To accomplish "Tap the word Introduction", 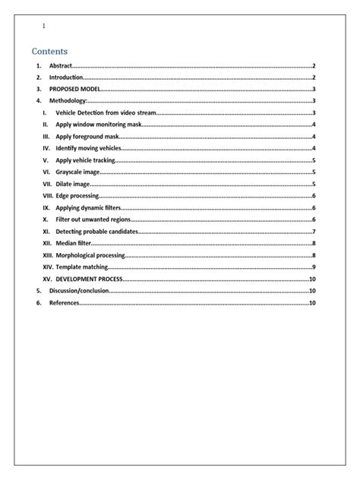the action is (x=66, y=77).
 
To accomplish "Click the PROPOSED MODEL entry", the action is (x=74, y=89).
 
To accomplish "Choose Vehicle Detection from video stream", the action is (x=106, y=112).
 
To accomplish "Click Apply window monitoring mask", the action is (x=99, y=124).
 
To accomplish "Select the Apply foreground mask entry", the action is (x=88, y=136).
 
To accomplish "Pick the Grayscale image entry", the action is (x=77, y=172).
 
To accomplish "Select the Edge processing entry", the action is (x=77, y=196).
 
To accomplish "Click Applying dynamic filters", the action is (x=88, y=207).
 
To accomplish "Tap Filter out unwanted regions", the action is (x=93, y=219).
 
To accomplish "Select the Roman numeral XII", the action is (x=48, y=243).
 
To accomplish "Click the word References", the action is (x=64, y=303).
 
